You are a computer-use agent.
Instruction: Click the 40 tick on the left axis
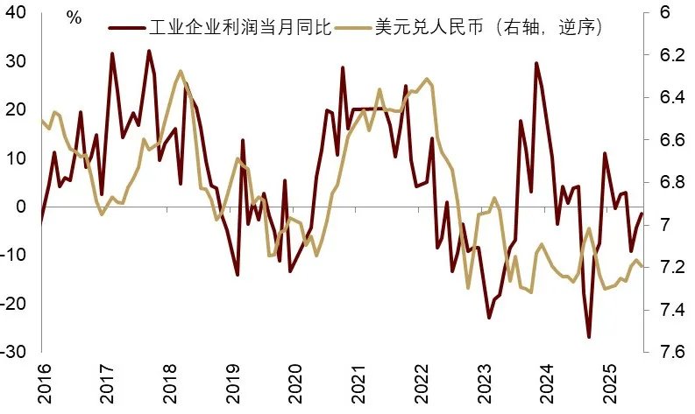[x=18, y=13]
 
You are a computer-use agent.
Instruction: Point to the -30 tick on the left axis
[x=15, y=351]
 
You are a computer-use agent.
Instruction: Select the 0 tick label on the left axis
[x=24, y=207]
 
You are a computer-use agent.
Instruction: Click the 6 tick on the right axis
[x=664, y=13]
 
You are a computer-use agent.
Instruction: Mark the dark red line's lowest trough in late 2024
[x=589, y=337]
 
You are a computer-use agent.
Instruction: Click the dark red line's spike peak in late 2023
[x=536, y=63]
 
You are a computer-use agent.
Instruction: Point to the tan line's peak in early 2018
[x=181, y=71]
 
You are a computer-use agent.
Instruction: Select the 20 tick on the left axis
[x=18, y=109]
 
